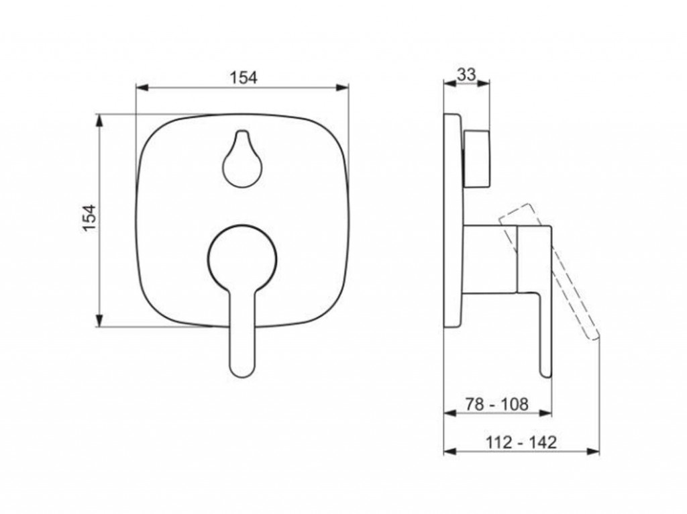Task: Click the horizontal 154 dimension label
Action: pyautogui.click(x=244, y=78)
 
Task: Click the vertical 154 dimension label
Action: pyautogui.click(x=89, y=218)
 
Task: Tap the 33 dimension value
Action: pyautogui.click(x=466, y=75)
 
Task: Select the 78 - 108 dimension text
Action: pyautogui.click(x=496, y=404)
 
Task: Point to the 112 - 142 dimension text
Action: pyautogui.click(x=521, y=442)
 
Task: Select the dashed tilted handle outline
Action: pyautogui.click(x=549, y=272)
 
